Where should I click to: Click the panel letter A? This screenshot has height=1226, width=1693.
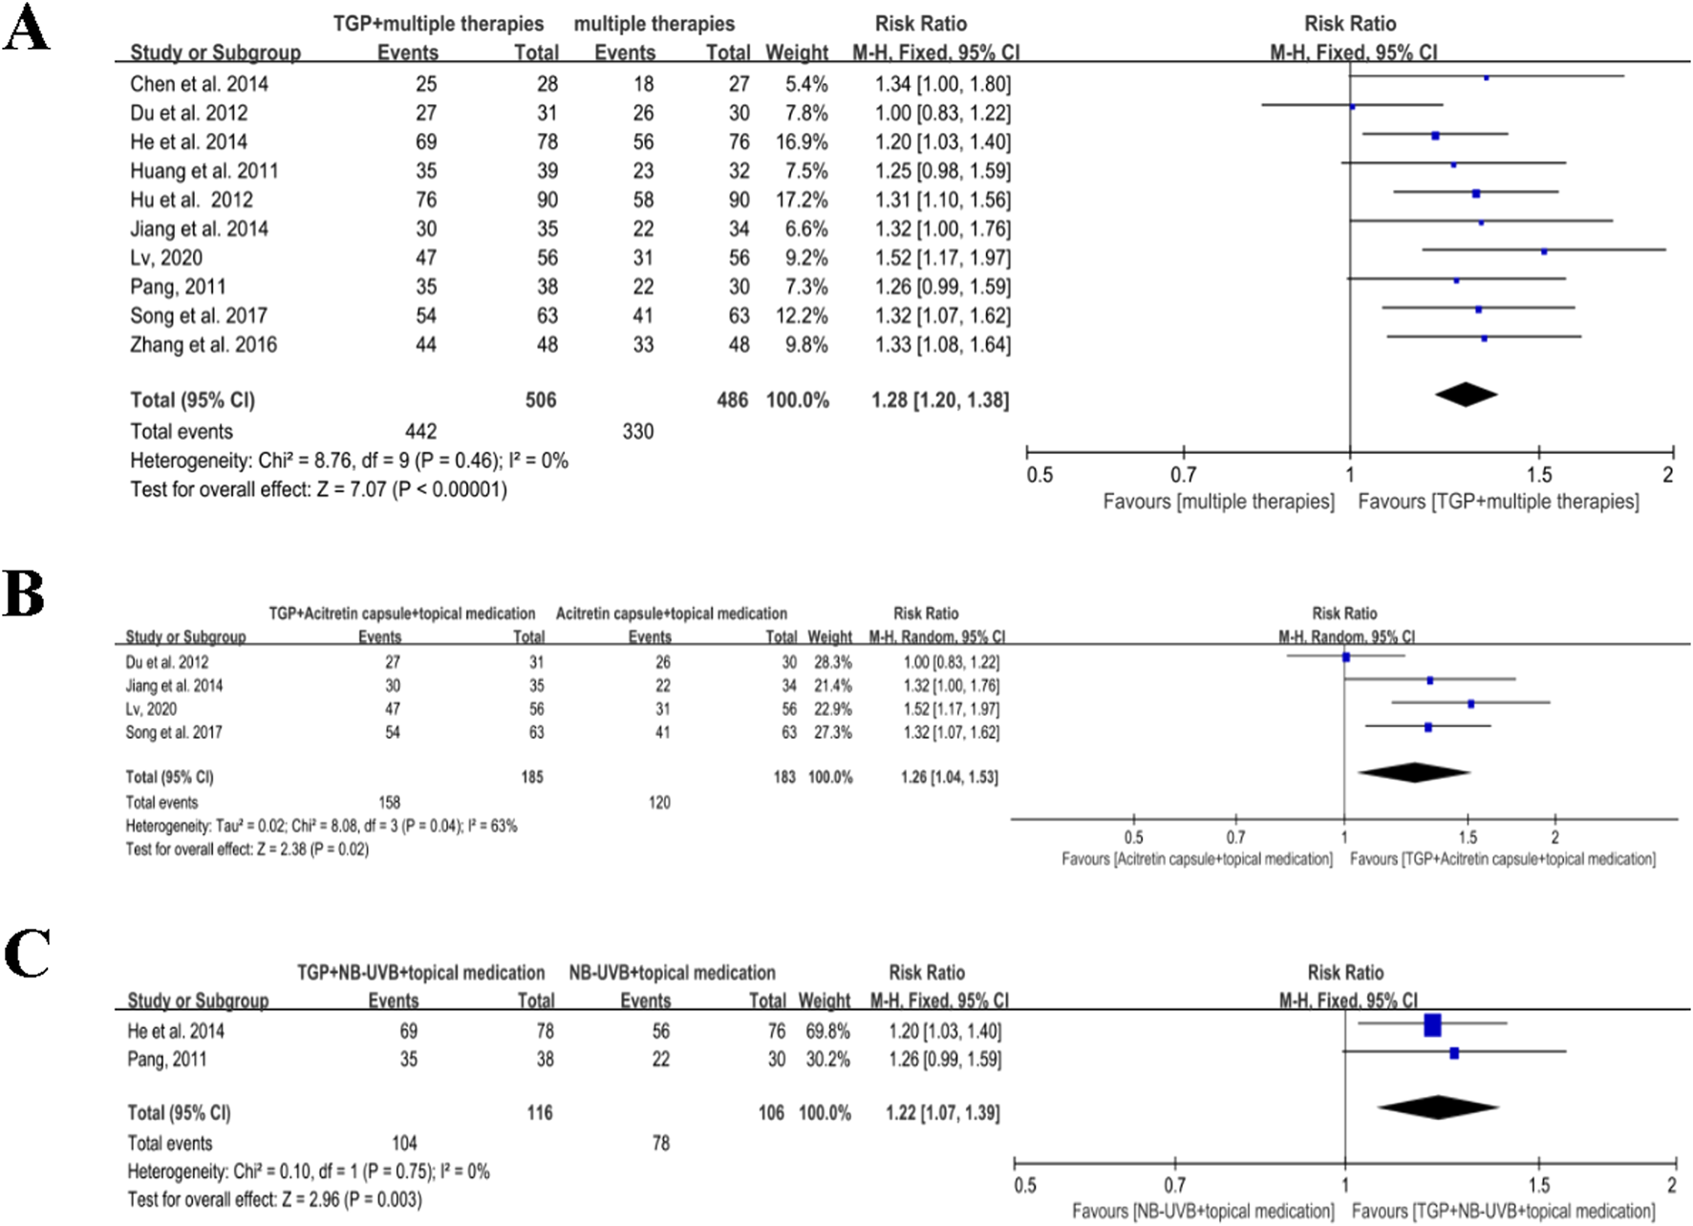[26, 29]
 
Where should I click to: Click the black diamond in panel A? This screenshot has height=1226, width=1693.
[1466, 394]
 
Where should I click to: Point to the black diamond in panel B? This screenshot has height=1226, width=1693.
[1413, 772]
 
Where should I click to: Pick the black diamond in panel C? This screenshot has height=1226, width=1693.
[1437, 1107]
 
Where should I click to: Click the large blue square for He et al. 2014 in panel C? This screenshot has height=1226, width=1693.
[1431, 1025]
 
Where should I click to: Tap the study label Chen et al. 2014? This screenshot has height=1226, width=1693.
[199, 84]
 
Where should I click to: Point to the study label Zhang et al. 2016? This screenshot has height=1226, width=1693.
[204, 344]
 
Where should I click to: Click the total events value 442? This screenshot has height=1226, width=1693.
[420, 431]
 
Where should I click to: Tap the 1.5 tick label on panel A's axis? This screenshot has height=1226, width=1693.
[1538, 475]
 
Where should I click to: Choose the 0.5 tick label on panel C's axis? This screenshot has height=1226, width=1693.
[1025, 1185]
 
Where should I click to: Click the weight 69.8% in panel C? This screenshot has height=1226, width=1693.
[826, 1031]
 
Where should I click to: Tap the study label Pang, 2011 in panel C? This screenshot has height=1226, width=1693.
[167, 1059]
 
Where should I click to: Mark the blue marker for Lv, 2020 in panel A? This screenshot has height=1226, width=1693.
[1544, 251]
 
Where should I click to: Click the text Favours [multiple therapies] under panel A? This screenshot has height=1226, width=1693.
[1218, 502]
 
